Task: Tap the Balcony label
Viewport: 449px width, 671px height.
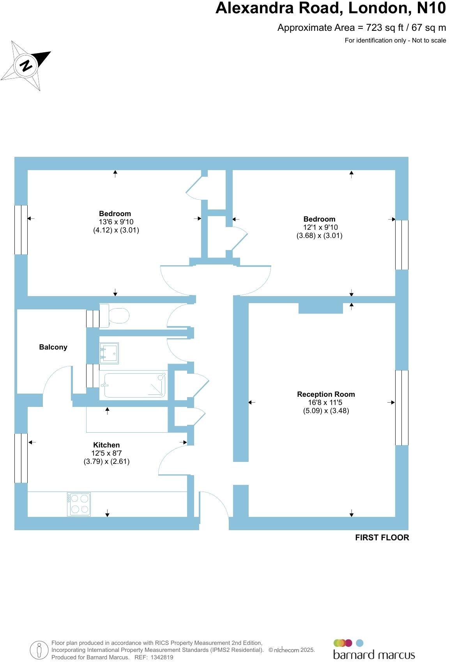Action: click(53, 347)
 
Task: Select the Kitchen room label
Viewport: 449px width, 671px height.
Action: click(106, 445)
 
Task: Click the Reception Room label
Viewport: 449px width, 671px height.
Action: click(326, 394)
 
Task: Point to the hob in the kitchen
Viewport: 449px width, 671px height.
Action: click(79, 504)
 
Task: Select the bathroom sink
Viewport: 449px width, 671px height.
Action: click(109, 353)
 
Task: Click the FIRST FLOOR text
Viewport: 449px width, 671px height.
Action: click(382, 538)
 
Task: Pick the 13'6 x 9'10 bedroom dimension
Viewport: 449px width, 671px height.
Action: click(116, 222)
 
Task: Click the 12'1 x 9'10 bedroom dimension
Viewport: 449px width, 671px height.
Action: click(320, 227)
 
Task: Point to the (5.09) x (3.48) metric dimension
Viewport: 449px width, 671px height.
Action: click(326, 410)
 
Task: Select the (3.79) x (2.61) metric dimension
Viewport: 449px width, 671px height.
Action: click(106, 461)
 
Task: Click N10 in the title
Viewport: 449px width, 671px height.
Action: click(431, 8)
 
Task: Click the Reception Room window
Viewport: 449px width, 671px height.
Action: click(402, 408)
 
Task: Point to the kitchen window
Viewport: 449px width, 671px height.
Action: click(21, 458)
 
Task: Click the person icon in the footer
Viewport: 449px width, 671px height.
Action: click(39, 650)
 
